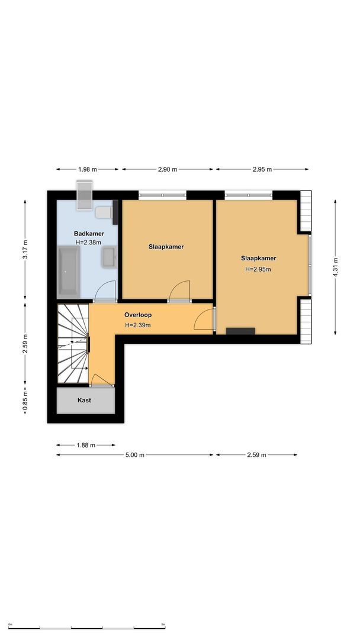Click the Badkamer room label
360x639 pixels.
[x=89, y=233]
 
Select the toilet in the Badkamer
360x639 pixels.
[x=104, y=212]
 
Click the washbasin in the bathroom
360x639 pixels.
[x=109, y=257]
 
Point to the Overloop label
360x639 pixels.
[x=137, y=315]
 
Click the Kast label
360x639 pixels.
[x=85, y=401]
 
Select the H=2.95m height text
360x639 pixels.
[x=258, y=269]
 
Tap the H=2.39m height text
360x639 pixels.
[x=137, y=325]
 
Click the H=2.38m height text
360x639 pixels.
[x=89, y=242]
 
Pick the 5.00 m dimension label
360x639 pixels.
[x=135, y=455]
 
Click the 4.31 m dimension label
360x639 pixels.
[x=335, y=267]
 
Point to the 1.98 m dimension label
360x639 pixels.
[x=88, y=169]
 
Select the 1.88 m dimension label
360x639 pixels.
[x=86, y=445]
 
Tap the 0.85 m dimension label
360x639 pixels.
[x=25, y=401]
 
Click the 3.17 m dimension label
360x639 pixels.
[x=25, y=250]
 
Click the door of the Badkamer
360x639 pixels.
[x=105, y=292]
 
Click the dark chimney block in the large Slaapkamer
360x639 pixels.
[x=241, y=331]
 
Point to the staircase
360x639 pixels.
[x=72, y=344]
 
